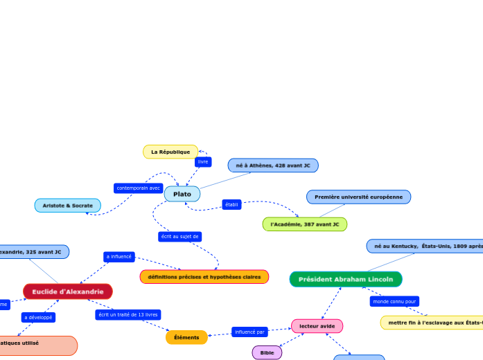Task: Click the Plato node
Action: pyautogui.click(x=182, y=194)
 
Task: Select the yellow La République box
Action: pyautogui.click(x=170, y=152)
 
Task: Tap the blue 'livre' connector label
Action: pyautogui.click(x=203, y=161)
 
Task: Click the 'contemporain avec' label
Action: pyautogui.click(x=139, y=188)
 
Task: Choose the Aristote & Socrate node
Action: pyautogui.click(x=67, y=206)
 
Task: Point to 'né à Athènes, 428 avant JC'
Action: pyautogui.click(x=273, y=165)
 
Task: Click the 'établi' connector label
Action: pyautogui.click(x=232, y=204)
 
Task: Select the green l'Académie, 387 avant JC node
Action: pyautogui.click(x=304, y=224)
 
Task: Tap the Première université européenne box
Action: pyautogui.click(x=358, y=197)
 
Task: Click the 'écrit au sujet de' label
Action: pyautogui.click(x=179, y=237)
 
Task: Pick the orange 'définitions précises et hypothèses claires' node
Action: pyautogui.click(x=204, y=277)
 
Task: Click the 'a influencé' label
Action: pyautogui.click(x=118, y=256)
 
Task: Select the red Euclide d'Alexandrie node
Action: pyautogui.click(x=68, y=291)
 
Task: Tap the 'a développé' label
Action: pyautogui.click(x=37, y=317)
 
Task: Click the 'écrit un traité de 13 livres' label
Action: pyautogui.click(x=128, y=314)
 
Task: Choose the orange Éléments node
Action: pyautogui.click(x=186, y=337)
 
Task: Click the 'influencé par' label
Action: pyautogui.click(x=249, y=332)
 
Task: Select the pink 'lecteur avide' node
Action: pyautogui.click(x=317, y=325)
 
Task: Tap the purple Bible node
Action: pyautogui.click(x=267, y=352)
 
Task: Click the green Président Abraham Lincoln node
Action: pyautogui.click(x=345, y=279)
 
